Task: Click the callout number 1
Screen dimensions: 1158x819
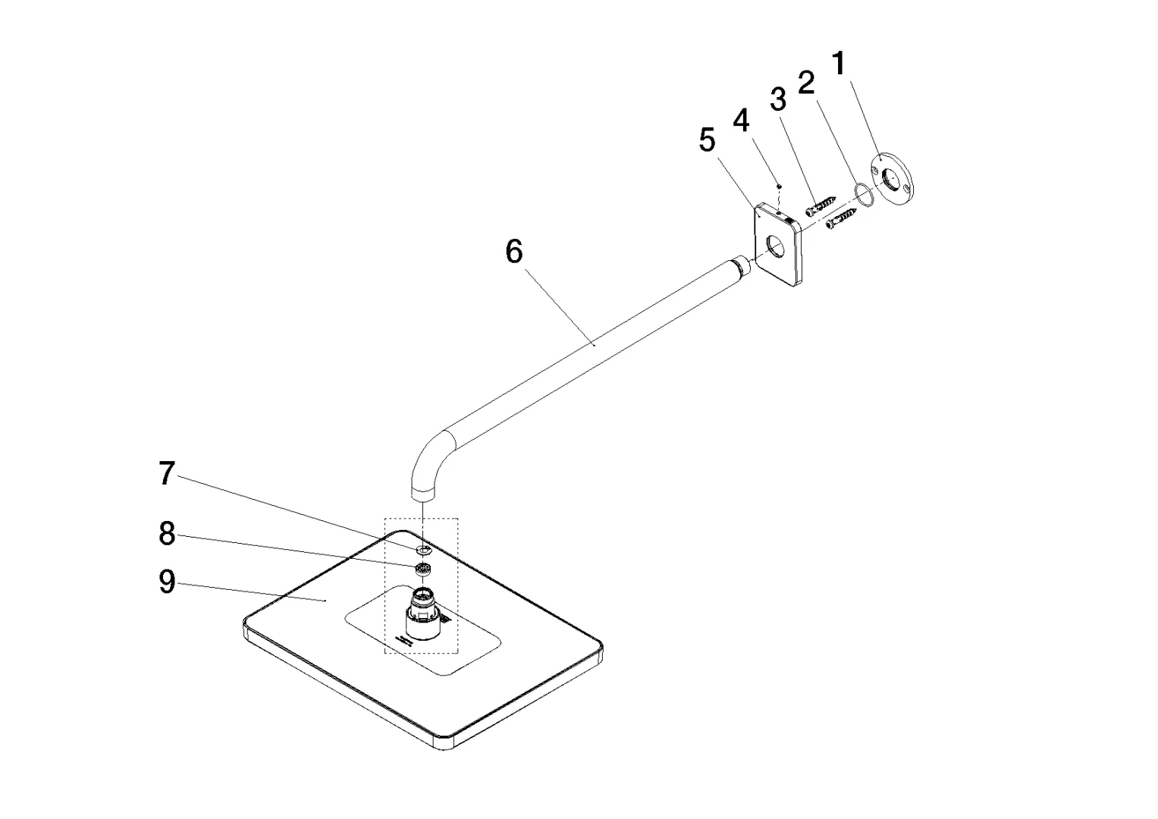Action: (x=839, y=63)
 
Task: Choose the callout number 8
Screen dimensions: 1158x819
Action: (x=167, y=533)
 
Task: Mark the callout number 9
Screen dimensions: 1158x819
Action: (x=167, y=582)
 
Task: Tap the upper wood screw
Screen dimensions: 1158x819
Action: (x=821, y=205)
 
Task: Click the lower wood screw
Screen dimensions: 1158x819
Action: (x=841, y=218)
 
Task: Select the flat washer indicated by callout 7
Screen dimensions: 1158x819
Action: (x=422, y=548)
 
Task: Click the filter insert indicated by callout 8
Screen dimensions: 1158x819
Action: (x=423, y=569)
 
